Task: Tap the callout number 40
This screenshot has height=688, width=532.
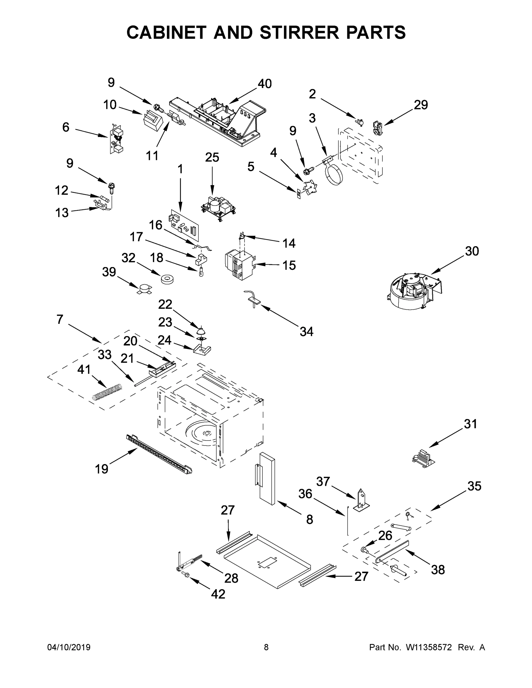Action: pyautogui.click(x=264, y=84)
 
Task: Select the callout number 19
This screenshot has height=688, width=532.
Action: pyautogui.click(x=102, y=469)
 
